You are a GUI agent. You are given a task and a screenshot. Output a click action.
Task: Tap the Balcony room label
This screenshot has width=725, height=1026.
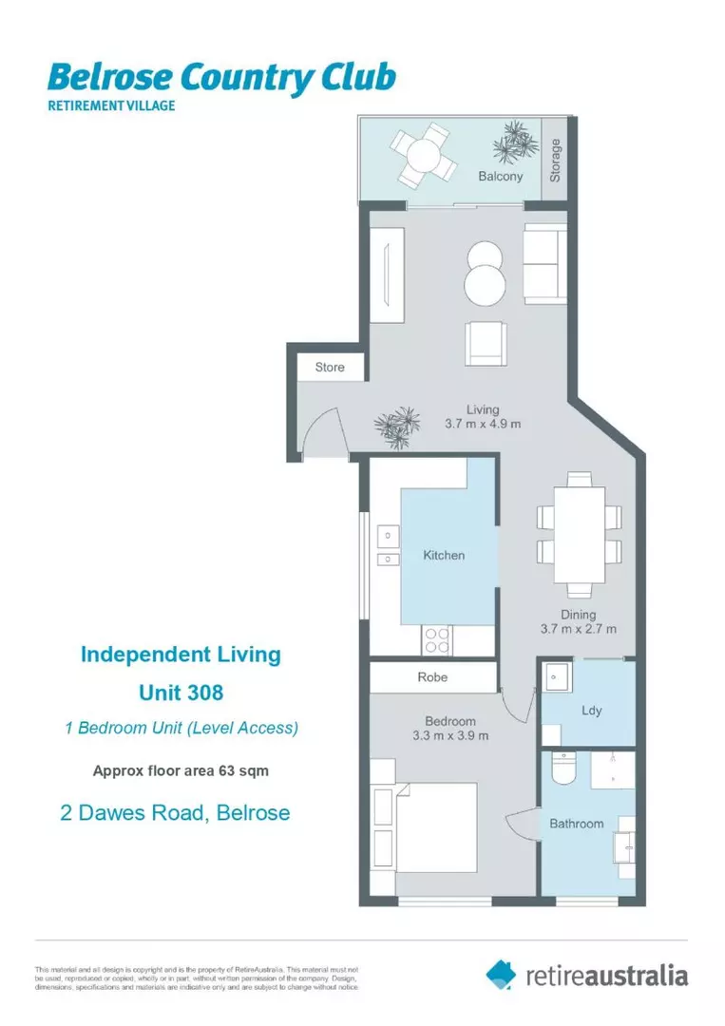(500, 177)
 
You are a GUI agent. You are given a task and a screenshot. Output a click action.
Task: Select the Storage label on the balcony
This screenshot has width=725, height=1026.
(556, 160)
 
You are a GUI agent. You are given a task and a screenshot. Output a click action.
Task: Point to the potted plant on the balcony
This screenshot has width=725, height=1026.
(514, 142)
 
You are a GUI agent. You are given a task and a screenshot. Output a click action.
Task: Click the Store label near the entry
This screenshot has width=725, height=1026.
(330, 367)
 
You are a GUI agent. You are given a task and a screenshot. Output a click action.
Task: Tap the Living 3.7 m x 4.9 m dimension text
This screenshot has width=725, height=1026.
(483, 417)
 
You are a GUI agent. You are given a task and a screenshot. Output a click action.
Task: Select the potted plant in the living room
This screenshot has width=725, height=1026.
(398, 427)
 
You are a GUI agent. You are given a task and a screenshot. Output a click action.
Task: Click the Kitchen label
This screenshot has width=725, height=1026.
(444, 555)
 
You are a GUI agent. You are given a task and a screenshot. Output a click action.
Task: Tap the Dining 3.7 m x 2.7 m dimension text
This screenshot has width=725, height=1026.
(579, 621)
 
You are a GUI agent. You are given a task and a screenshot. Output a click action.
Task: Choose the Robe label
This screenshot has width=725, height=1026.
(432, 677)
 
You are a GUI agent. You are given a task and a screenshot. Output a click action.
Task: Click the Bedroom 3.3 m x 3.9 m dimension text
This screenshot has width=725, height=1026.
(450, 729)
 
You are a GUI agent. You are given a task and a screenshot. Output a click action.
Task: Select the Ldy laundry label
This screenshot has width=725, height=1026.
(591, 711)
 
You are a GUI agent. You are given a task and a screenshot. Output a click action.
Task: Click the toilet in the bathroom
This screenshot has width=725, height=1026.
(563, 768)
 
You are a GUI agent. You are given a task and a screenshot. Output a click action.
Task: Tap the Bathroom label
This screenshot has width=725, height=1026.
(576, 824)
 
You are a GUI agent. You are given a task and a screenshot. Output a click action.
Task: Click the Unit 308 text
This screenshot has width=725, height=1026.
(181, 693)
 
